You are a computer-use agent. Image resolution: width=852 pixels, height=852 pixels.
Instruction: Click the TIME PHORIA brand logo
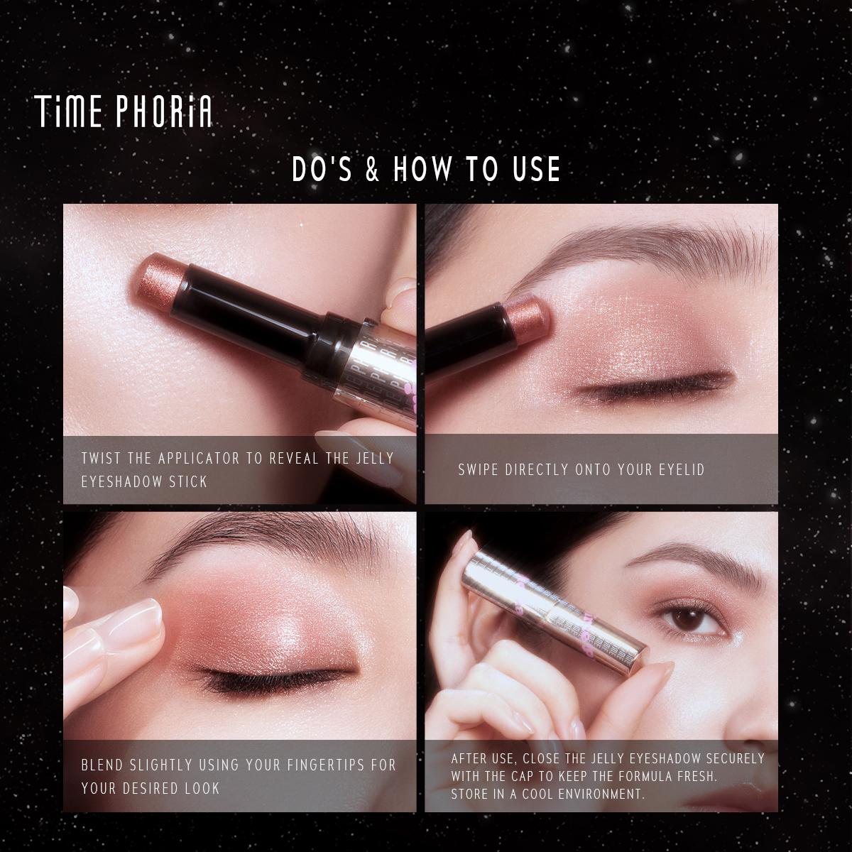[124, 112]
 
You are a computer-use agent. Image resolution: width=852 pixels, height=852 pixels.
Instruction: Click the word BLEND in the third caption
[103, 765]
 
